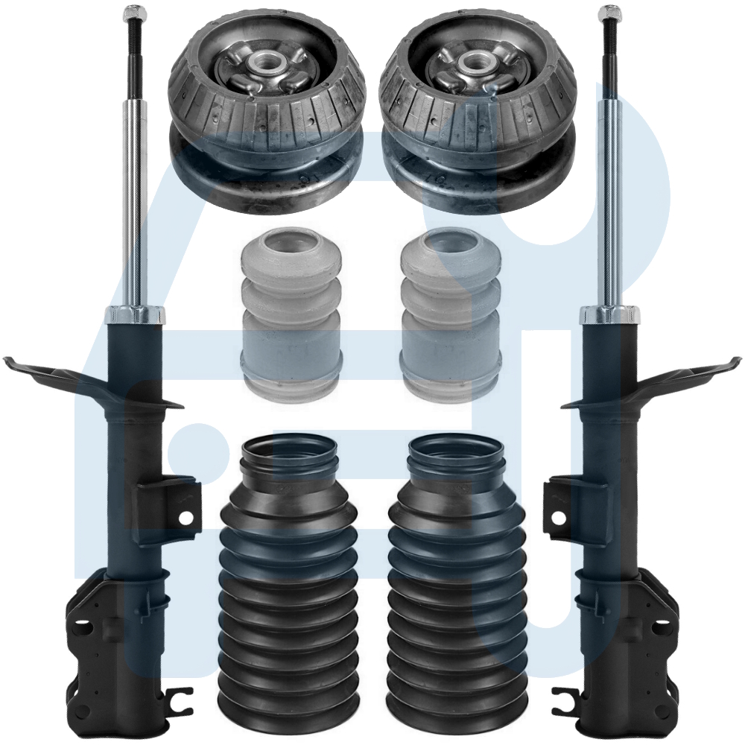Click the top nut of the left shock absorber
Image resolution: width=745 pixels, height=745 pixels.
coord(134,13)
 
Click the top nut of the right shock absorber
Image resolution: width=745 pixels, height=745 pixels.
coord(609,13)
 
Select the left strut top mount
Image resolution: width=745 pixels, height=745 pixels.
coord(267,112)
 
